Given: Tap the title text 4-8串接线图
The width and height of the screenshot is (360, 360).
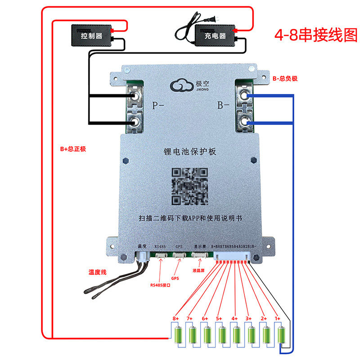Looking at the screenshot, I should click(315, 35).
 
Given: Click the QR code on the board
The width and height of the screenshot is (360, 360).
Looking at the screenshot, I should click(190, 186).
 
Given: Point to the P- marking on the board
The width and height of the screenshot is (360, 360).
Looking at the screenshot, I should click(159, 106).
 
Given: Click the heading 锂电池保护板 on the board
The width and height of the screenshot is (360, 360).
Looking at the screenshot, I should click(190, 152).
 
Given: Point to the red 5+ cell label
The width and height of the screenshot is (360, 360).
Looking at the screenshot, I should click(219, 319).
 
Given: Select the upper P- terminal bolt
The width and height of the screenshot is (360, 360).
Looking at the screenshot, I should click(134, 96).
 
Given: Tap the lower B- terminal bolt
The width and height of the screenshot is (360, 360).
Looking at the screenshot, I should click(245, 121).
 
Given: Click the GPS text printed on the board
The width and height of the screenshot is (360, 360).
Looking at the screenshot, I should click(179, 247).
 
